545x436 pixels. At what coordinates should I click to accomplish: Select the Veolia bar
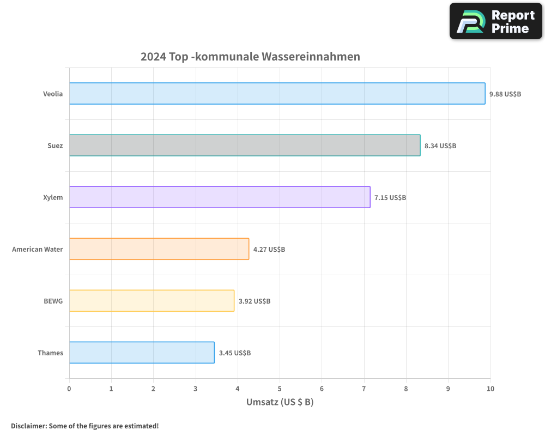pos(277,93)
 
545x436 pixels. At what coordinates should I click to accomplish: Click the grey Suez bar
pos(245,146)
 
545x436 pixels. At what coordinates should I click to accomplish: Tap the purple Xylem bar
pos(220,197)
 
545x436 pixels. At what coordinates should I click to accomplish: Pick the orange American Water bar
pos(159,249)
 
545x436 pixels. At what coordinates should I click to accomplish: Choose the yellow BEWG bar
pos(152,301)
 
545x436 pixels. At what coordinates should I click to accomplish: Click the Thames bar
pos(142,353)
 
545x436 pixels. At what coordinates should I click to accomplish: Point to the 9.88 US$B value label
pos(505,94)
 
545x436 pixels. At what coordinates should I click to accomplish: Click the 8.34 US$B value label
pos(440,146)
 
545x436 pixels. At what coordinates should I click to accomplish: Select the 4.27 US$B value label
pos(269,249)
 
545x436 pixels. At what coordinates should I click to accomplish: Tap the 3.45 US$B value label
pos(235,353)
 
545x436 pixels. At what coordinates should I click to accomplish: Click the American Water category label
pos(38,249)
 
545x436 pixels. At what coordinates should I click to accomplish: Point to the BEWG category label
pos(53,301)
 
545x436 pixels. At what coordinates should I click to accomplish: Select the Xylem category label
pos(53,197)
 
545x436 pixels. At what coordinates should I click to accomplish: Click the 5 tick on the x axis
pos(280,389)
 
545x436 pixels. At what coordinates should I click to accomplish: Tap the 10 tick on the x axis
pos(491,389)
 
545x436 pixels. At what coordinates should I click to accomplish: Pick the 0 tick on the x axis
pos(69,389)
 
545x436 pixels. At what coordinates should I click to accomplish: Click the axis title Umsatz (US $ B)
pos(280,402)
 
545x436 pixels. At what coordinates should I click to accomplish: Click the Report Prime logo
pos(496,21)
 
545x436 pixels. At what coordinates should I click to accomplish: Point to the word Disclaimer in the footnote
pos(28,426)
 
